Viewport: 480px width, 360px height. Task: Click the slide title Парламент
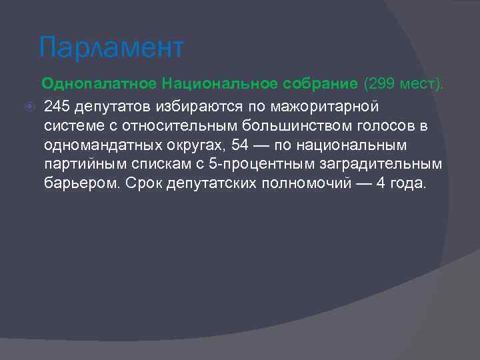[x=111, y=48]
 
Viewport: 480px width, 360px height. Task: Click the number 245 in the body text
[x=57, y=106]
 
